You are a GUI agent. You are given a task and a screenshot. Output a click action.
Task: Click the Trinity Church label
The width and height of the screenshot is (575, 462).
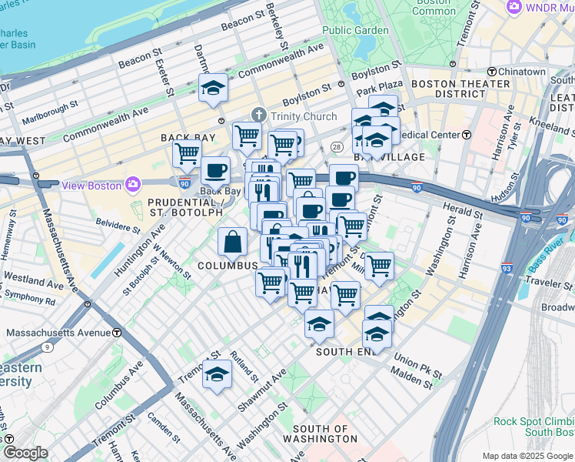pos(304,116)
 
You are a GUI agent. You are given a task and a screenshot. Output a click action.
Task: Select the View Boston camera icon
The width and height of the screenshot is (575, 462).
pos(134,185)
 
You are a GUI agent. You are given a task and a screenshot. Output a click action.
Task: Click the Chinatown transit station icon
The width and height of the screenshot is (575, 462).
pos(491,72)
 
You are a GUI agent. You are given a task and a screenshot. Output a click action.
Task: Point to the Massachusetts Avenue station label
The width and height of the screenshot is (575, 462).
pos(58,333)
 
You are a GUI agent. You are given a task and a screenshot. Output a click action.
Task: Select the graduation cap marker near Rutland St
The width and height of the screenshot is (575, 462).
pos(217,375)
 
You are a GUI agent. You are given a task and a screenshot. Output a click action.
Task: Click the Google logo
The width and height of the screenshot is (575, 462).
pos(25,454)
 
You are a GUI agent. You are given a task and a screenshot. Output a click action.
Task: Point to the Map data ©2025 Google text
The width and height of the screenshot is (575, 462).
pos(527,455)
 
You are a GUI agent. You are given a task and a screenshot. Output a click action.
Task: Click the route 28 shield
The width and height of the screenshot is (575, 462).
pos(337,146)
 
